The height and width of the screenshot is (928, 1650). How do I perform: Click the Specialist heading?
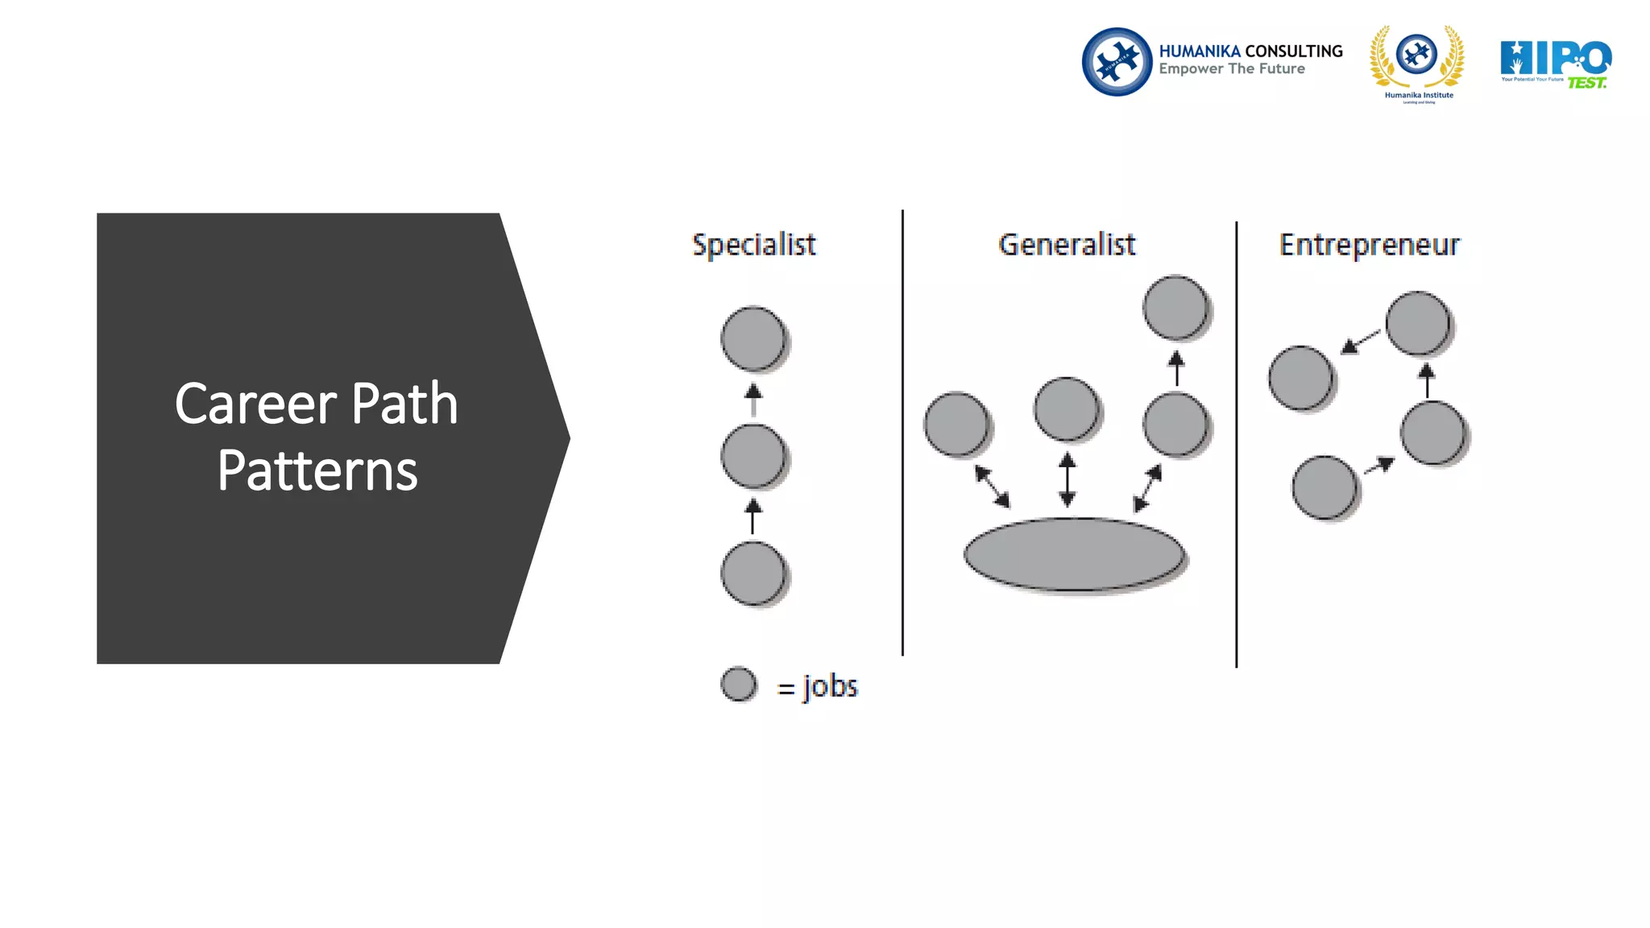tap(754, 245)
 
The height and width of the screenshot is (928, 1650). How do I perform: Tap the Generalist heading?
tap(1067, 245)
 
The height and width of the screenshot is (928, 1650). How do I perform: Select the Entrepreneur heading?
tap(1369, 245)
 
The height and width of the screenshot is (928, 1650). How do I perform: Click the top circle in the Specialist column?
tap(753, 338)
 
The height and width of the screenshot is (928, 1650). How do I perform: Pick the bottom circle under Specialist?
tap(753, 574)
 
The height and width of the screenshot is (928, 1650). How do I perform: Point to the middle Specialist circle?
tap(753, 457)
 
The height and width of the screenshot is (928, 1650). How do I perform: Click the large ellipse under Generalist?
tap(1075, 554)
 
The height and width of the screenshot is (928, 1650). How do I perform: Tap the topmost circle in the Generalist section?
tap(1175, 308)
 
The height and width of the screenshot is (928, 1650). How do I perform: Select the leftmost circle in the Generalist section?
tap(957, 424)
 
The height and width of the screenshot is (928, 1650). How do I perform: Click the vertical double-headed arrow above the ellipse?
tap(1068, 479)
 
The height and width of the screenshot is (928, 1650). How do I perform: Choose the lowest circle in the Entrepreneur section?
tap(1325, 487)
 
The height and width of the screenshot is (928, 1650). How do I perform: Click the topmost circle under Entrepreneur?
tap(1418, 323)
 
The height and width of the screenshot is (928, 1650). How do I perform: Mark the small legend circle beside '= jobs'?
tap(738, 685)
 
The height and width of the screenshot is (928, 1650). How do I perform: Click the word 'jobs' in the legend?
tap(830, 686)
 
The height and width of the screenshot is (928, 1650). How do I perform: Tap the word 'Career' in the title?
tap(255, 404)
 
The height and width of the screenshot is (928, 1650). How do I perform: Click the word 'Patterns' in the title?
tap(317, 471)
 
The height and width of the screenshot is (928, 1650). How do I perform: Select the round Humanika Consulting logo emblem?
tap(1117, 62)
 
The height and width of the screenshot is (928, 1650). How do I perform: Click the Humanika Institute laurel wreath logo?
tap(1418, 63)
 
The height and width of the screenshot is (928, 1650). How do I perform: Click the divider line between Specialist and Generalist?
tap(902, 435)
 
